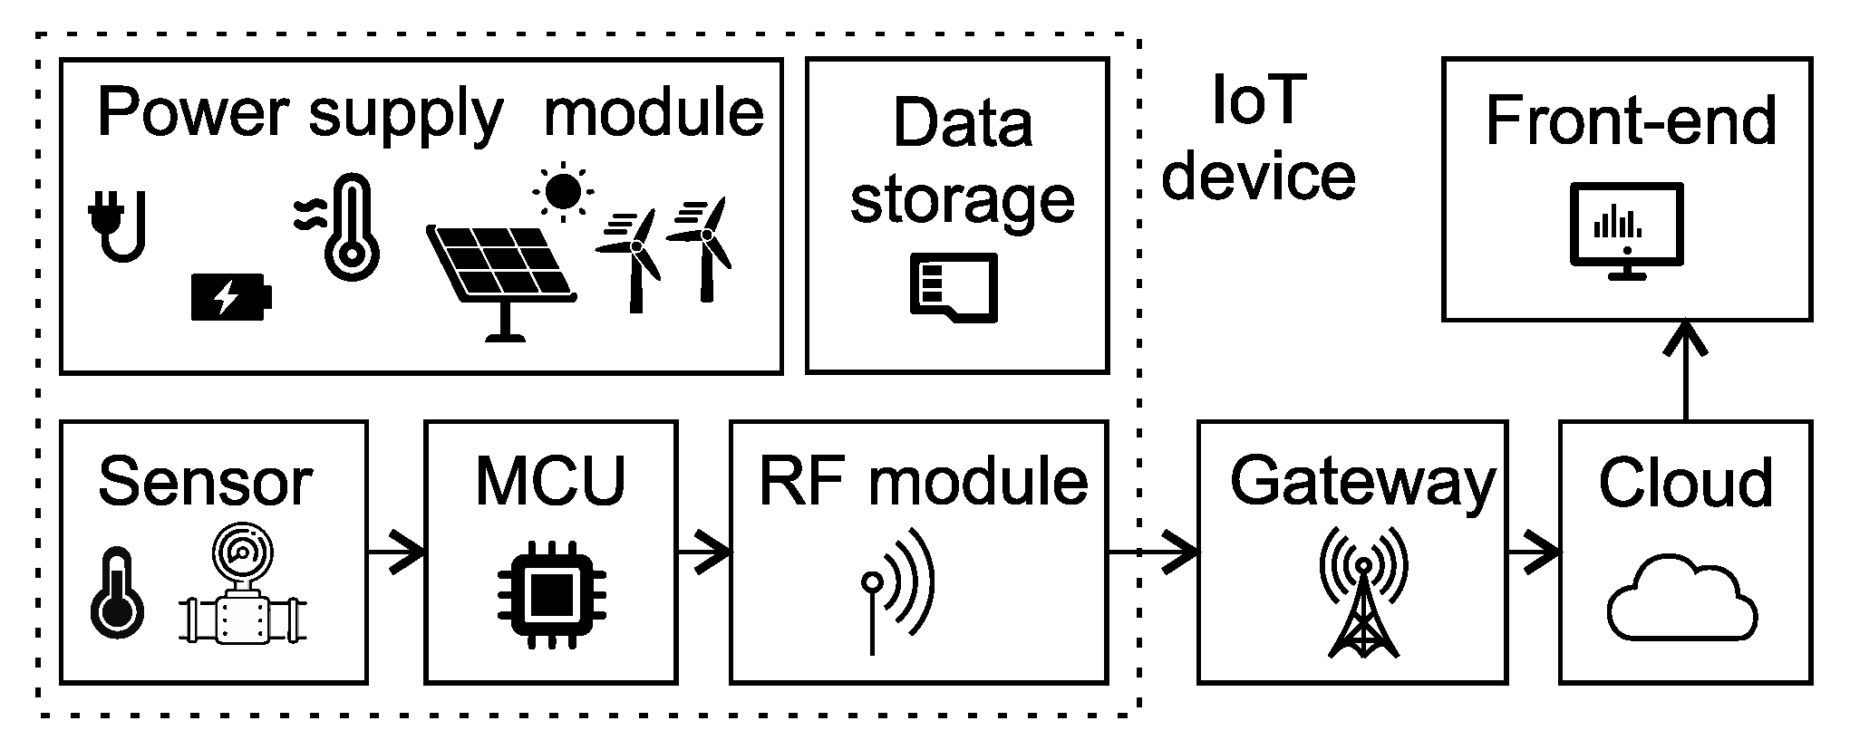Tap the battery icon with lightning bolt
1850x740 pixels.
coord(230,296)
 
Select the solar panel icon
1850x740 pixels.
coord(502,276)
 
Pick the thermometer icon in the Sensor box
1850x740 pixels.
coord(117,592)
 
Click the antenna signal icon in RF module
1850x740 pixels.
coord(899,589)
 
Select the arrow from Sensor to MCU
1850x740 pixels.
coord(396,551)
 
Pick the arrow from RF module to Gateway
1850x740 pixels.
coord(1152,551)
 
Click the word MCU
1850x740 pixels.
coord(550,481)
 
